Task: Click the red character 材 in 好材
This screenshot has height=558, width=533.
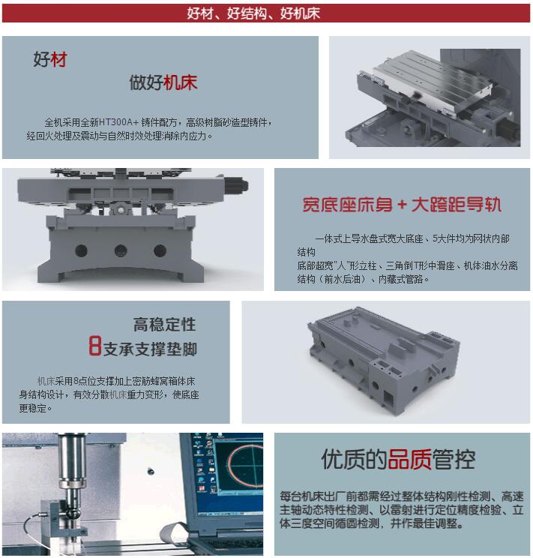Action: (58, 60)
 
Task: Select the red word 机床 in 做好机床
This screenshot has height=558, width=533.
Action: (181, 82)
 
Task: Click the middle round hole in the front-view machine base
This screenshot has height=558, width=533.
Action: (119, 250)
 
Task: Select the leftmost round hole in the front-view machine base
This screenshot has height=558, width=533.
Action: (81, 250)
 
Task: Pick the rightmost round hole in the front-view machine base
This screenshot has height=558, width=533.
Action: (158, 250)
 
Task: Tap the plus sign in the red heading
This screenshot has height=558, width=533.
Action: (402, 205)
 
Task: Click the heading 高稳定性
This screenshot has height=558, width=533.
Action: (165, 325)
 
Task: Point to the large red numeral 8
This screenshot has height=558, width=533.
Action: (94, 347)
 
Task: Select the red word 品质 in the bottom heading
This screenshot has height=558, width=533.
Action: (409, 459)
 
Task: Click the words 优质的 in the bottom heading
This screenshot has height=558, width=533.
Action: (354, 459)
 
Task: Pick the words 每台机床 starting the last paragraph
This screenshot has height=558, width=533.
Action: (301, 496)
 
